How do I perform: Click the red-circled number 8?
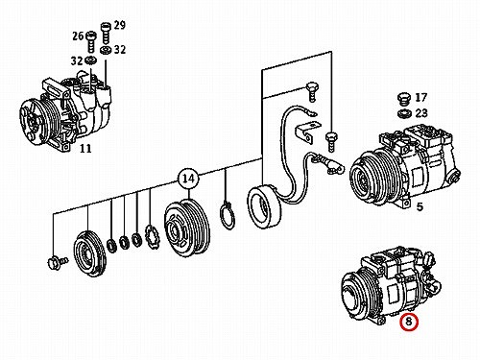click(x=409, y=322)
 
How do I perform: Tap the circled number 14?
click(x=188, y=179)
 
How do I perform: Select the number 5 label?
click(x=420, y=207)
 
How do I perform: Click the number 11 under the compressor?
click(x=85, y=149)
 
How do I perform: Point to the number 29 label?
click(x=119, y=25)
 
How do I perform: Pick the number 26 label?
click(x=78, y=36)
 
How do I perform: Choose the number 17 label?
click(x=420, y=97)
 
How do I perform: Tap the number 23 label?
click(x=421, y=113)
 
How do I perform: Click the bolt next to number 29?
click(x=105, y=34)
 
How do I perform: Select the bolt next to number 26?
click(x=91, y=41)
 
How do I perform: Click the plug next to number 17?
click(x=404, y=100)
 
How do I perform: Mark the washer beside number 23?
click(x=404, y=113)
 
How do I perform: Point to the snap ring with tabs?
click(x=228, y=215)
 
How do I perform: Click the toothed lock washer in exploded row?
click(x=152, y=237)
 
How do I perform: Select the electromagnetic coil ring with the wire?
click(x=263, y=208)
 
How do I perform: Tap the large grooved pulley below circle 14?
click(x=186, y=228)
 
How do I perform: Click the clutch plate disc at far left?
click(x=89, y=253)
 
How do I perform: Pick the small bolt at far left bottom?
click(x=58, y=262)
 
